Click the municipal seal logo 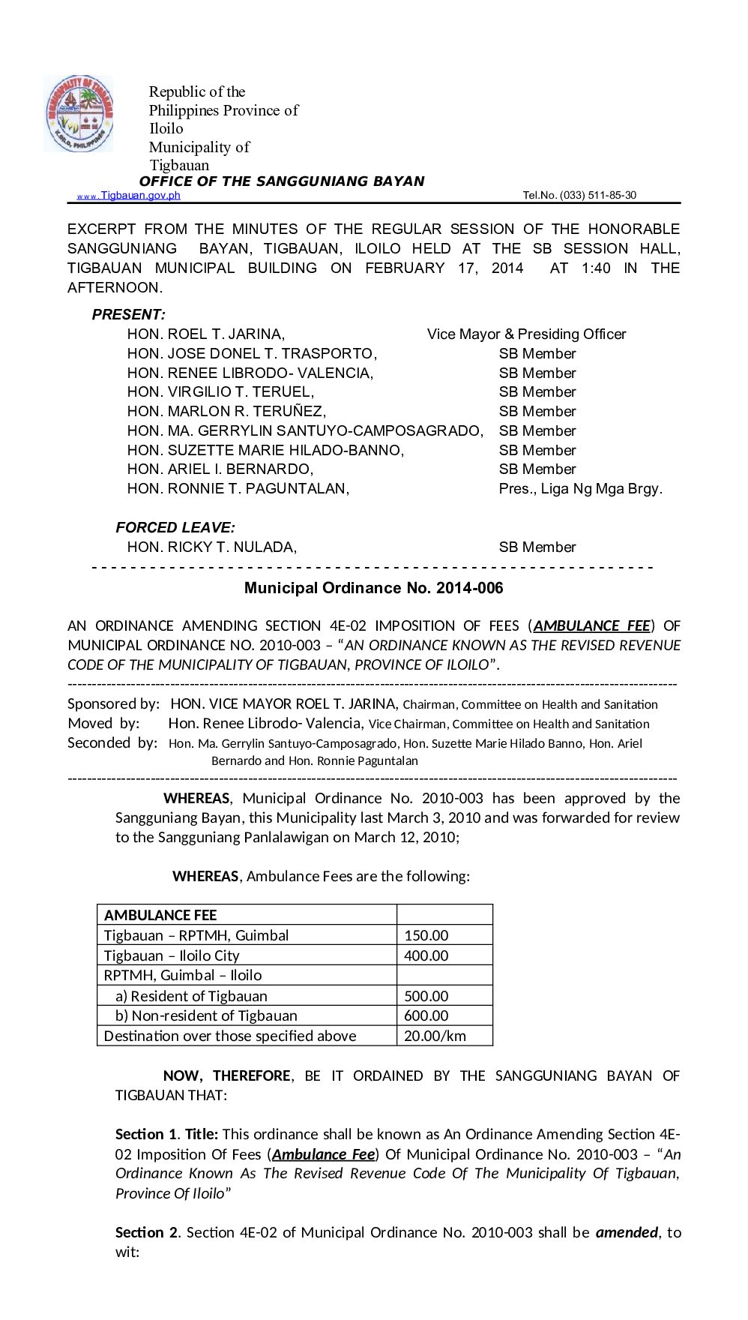point(79,113)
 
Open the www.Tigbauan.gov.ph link point(129,196)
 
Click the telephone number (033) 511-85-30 point(579,196)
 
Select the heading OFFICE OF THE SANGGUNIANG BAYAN point(282,181)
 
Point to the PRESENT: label point(128,314)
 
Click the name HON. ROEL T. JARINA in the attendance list point(205,334)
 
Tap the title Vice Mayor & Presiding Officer point(526,334)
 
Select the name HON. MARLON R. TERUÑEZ point(226,412)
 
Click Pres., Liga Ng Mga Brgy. point(580,489)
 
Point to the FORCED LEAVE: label point(175,528)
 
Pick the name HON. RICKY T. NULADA point(211,547)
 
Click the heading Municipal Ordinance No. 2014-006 point(373,588)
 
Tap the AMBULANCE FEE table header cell point(160,915)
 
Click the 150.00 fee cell point(426,935)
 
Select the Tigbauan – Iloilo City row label point(172,955)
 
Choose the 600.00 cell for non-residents point(426,1015)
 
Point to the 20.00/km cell point(435,1036)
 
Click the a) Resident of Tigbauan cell point(191,996)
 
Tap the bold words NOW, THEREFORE point(226,1075)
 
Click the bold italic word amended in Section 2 point(627,1232)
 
